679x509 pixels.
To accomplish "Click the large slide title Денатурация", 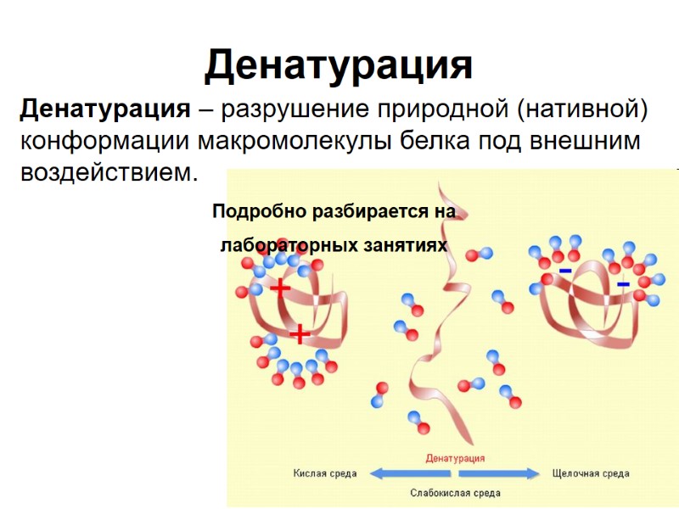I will point(339,65).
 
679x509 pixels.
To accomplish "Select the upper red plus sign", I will point(280,289).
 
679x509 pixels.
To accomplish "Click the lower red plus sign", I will point(300,334).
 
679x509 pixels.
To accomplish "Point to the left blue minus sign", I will point(564,271).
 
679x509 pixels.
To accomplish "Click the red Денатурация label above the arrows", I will point(455,458).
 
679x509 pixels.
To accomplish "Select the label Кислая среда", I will point(325,473).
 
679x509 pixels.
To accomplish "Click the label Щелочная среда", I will point(591,473).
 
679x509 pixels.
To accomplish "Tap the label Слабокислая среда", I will point(455,492).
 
